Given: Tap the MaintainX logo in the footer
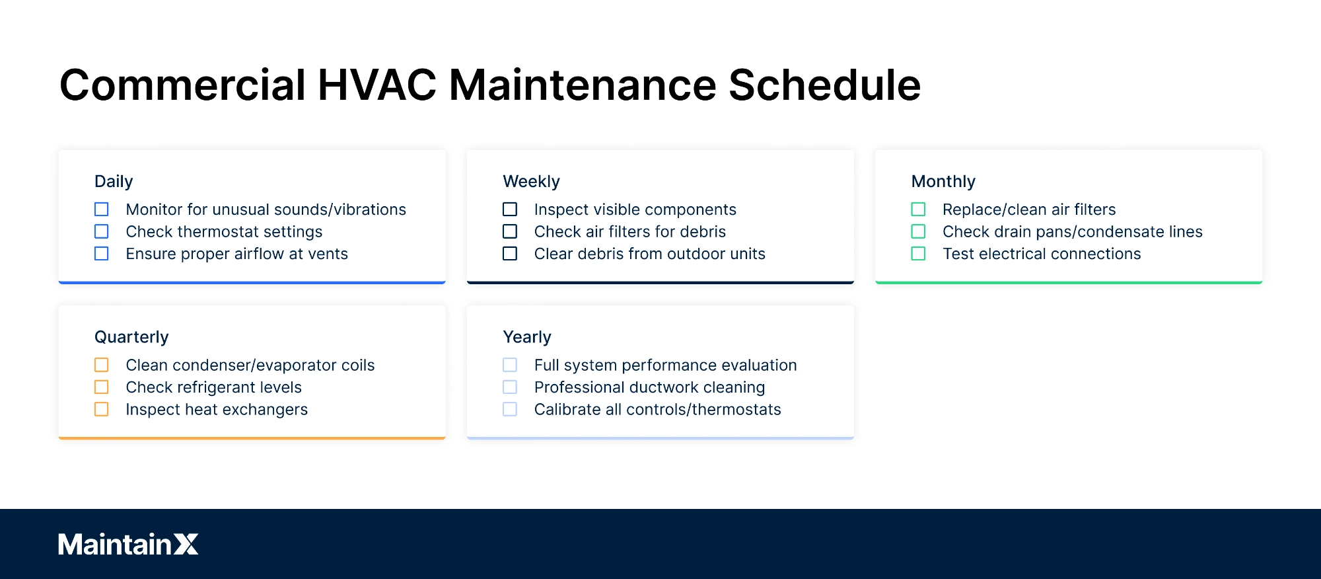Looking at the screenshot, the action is coord(128,544).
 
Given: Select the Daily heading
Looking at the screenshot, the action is coord(114,182).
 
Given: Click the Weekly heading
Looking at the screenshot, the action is coord(531,182).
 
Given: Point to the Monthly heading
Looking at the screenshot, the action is coord(943,182).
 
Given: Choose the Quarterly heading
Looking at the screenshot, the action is coord(131,337).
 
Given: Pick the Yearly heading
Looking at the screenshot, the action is coord(527,337).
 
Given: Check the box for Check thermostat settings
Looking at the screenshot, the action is coord(102,231).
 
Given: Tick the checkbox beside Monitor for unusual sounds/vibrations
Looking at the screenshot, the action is coord(102,210).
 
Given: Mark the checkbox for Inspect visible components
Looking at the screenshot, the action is coord(510,210).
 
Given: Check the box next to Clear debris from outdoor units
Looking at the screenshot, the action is coord(510,254).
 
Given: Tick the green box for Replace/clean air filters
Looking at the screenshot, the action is coord(918,210).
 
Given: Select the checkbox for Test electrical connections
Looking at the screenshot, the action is coord(918,254).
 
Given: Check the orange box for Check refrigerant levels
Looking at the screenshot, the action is coord(102,387).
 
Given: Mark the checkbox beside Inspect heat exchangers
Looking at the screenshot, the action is coord(102,409).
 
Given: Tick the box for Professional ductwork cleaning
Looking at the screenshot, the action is coord(510,387).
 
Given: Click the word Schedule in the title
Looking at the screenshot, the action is coord(824,85).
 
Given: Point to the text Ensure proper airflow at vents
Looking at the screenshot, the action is coord(236,254).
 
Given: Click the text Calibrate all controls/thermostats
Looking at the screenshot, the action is coord(657,410).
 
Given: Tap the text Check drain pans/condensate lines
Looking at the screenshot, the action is coord(1073,232).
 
